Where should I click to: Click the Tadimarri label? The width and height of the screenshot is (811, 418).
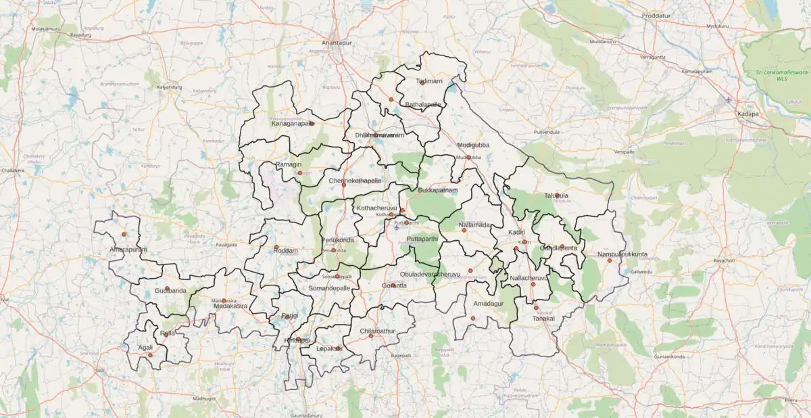click(x=429, y=81)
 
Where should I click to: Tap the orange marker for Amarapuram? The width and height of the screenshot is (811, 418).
click(x=124, y=234)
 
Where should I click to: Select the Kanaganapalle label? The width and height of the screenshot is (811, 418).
click(x=293, y=124)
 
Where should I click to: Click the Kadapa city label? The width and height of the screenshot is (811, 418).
click(x=748, y=114)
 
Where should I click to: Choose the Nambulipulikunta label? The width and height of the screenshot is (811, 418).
click(x=622, y=254)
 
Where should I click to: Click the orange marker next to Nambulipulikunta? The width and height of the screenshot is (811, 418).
click(x=610, y=260)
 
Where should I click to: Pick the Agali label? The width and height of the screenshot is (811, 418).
click(x=145, y=347)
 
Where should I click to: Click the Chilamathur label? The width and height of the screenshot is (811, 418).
click(x=377, y=331)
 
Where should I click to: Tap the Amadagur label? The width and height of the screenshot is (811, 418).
click(x=489, y=304)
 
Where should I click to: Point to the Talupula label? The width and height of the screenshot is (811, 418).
click(x=557, y=195)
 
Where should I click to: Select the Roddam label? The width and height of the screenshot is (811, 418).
click(x=285, y=250)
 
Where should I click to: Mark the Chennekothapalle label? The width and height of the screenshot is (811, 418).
click(x=355, y=181)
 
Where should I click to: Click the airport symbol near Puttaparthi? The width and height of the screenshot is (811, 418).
click(x=397, y=227)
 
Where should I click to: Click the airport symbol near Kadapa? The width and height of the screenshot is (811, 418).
click(x=729, y=100)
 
